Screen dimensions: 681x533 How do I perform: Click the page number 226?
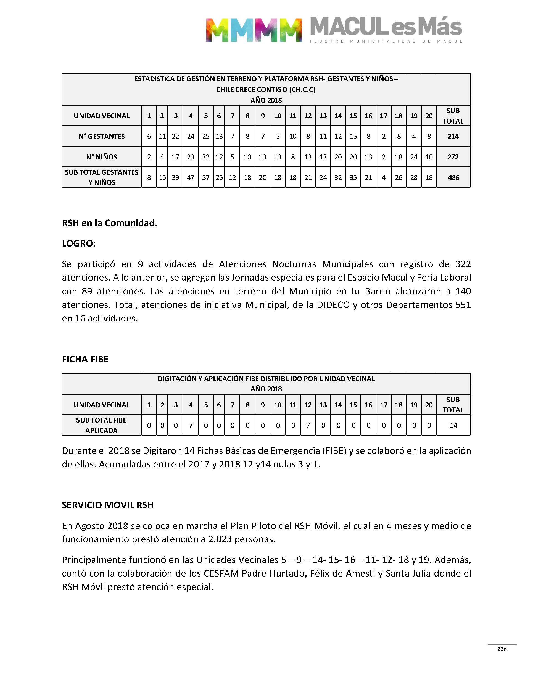502,649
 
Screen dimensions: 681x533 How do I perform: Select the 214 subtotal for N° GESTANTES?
453,137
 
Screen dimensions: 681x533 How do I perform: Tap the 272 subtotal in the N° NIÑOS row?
453,157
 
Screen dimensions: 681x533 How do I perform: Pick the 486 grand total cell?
453,178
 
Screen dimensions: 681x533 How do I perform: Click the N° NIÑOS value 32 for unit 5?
206,157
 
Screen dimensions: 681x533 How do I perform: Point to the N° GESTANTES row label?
101,137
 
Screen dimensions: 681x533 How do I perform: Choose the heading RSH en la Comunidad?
109,223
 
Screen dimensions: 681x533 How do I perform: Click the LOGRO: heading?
79,243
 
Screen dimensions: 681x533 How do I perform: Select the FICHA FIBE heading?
85,359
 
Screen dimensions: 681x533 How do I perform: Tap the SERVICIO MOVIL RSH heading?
107,505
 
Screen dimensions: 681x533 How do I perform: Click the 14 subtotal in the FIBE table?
453,425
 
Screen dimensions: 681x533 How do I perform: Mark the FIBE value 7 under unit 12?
308,425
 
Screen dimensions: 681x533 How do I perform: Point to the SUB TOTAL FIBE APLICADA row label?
101,425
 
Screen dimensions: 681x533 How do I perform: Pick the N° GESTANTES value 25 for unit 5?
206,137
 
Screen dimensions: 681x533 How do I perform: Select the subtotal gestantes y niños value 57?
206,178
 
